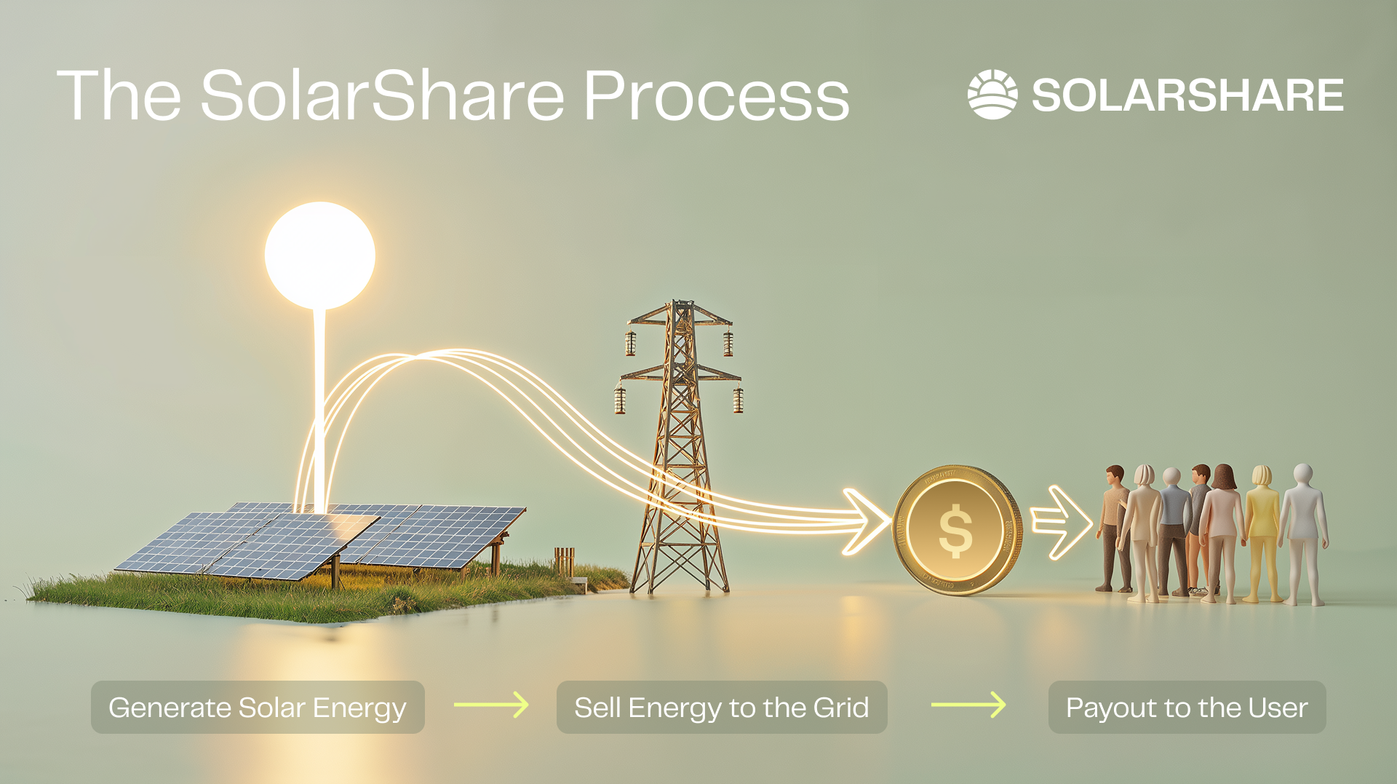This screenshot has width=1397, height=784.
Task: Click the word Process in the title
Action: [716, 95]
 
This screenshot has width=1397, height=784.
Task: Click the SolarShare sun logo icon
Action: [992, 95]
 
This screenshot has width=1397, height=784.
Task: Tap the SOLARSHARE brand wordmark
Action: [1187, 95]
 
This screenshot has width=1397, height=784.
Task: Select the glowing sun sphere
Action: [320, 256]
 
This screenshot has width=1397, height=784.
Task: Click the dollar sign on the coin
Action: [955, 531]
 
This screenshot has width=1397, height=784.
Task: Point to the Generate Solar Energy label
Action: [258, 708]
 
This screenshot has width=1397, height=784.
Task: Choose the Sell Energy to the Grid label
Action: [722, 708]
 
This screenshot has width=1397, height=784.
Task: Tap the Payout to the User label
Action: [1187, 708]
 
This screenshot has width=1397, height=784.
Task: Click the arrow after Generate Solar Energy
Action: [491, 705]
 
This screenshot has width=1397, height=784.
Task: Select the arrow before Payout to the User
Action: [968, 705]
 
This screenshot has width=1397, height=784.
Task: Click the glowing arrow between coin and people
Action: [1062, 522]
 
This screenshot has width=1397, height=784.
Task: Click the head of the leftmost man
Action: [1115, 475]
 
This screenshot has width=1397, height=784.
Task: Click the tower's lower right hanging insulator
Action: [738, 399]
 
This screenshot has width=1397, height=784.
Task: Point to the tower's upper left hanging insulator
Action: [630, 343]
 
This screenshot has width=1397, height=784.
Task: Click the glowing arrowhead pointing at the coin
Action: [866, 521]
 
